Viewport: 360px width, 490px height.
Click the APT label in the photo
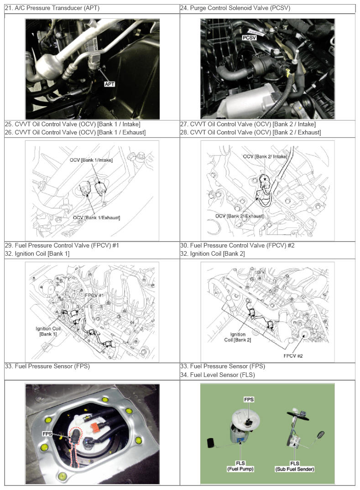(x=110, y=84)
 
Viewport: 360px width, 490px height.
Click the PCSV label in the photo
(x=249, y=38)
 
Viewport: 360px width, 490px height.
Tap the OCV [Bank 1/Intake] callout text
(x=91, y=160)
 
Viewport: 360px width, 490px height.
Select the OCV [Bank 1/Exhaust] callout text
(x=96, y=217)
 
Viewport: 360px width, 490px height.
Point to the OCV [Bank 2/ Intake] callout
(x=265, y=156)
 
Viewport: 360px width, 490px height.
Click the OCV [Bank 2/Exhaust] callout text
(x=239, y=216)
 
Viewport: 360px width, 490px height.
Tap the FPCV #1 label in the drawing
(x=94, y=295)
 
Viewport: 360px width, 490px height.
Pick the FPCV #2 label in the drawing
(x=293, y=356)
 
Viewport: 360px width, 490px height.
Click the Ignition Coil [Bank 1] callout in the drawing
(x=48, y=331)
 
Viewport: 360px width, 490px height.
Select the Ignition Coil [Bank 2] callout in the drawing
(x=238, y=337)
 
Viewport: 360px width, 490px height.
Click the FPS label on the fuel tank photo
(x=47, y=434)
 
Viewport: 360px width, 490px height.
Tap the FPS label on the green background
(x=249, y=399)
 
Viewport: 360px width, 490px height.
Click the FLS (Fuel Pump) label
(x=240, y=466)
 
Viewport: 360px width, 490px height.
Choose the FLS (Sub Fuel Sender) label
(x=295, y=466)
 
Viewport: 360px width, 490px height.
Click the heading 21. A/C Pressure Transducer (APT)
(x=52, y=8)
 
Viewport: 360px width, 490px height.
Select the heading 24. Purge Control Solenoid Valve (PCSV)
(x=235, y=8)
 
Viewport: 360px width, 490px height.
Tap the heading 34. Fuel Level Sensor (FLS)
(x=218, y=375)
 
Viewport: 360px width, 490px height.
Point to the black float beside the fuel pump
(x=210, y=443)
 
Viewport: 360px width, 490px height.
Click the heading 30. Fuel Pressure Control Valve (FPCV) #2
(x=237, y=245)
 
